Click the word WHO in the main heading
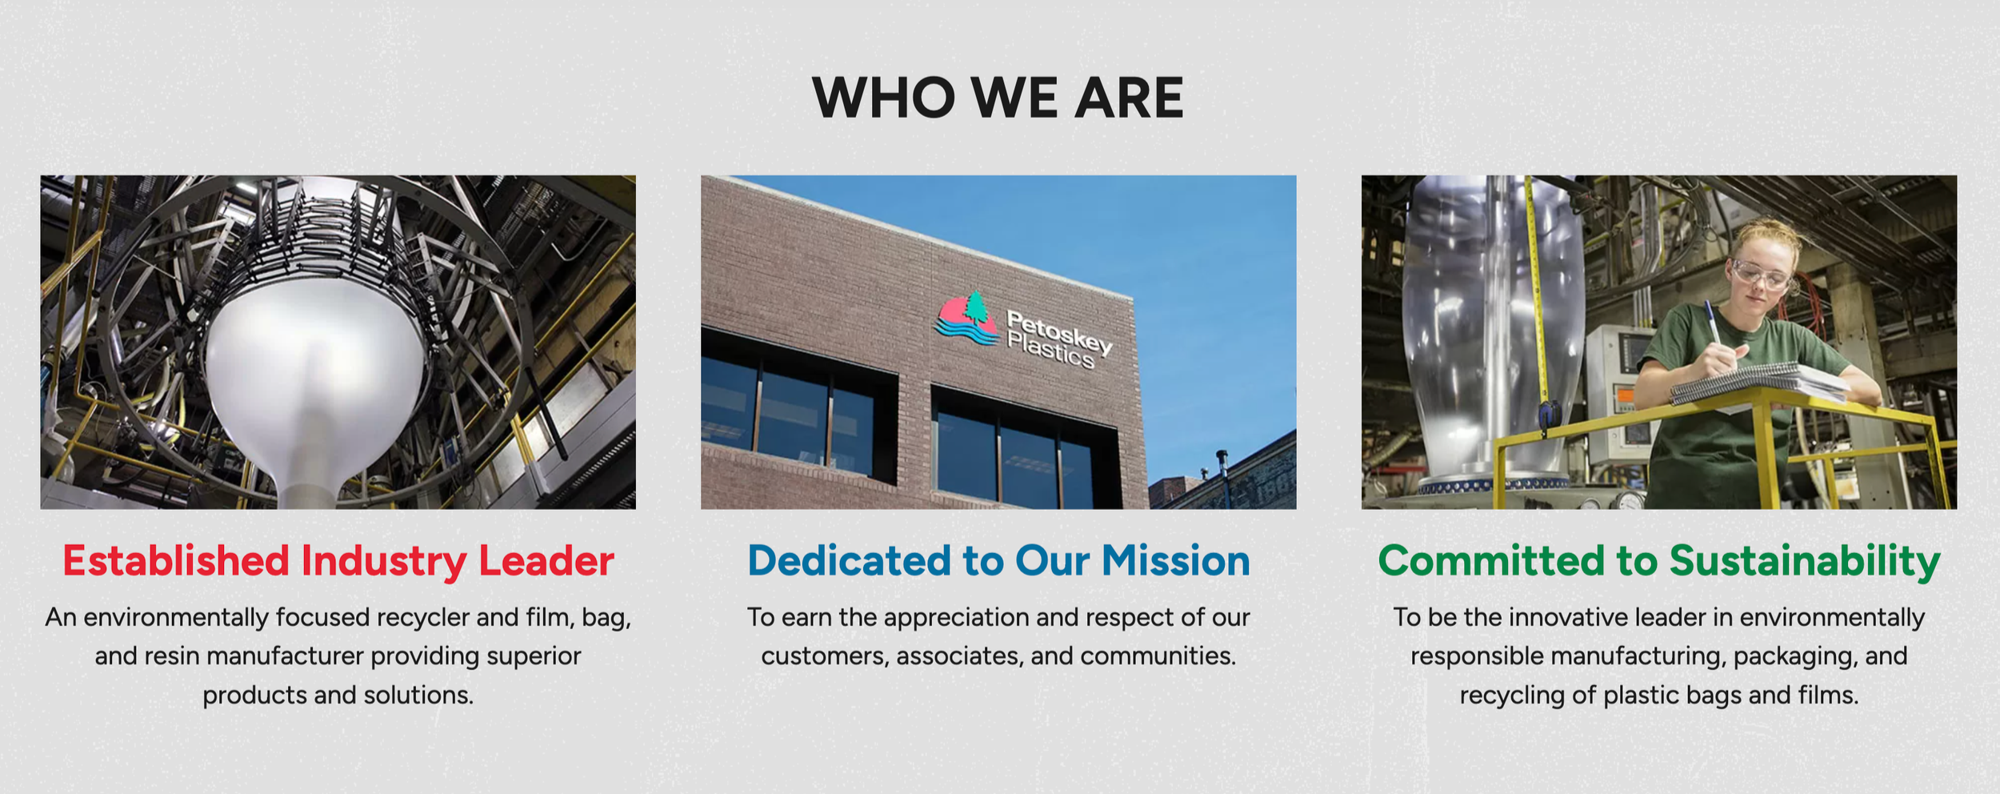tap(883, 98)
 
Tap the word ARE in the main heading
tap(1129, 98)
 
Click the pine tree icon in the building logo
tap(975, 308)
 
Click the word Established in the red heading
tap(176, 561)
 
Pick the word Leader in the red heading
tap(546, 561)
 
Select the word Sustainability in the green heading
tap(1805, 561)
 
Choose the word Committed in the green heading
tap(1490, 561)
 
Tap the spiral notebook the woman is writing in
tap(1760, 381)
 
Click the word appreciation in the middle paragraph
tap(957, 617)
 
